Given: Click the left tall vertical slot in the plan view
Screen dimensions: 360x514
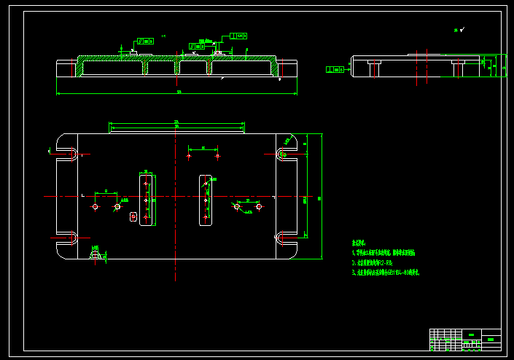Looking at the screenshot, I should pyautogui.click(x=146, y=198).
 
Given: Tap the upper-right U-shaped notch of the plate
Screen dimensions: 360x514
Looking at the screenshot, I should pyautogui.click(x=285, y=153).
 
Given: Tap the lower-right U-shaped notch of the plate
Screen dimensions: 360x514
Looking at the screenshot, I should pyautogui.click(x=285, y=237).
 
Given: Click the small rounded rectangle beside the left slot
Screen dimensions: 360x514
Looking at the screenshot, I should pyautogui.click(x=133, y=216).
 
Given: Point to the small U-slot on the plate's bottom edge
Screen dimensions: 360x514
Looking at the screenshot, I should pyautogui.click(x=96, y=254).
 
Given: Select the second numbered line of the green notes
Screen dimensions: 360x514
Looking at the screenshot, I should pyautogui.click(x=373, y=262).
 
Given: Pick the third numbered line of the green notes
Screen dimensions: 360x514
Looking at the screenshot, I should pyautogui.click(x=386, y=272).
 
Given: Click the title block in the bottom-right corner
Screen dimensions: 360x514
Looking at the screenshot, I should pyautogui.click(x=465, y=339).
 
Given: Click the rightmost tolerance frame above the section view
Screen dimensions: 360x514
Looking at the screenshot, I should pyautogui.click(x=238, y=36).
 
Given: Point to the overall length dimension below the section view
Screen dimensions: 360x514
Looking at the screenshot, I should pyautogui.click(x=177, y=93).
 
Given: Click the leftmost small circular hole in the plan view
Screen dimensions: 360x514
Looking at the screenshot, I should pyautogui.click(x=95, y=207).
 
